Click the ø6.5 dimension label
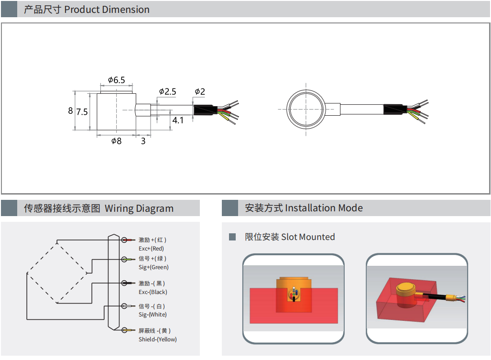[116, 80]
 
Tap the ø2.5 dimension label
[167, 91]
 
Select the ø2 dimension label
[200, 91]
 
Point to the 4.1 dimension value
[178, 120]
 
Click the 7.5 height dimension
[82, 112]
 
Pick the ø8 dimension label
[116, 141]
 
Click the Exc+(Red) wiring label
[151, 249]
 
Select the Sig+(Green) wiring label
[153, 267]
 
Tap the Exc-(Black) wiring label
[153, 292]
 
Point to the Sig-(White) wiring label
[153, 315]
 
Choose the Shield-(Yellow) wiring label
[157, 339]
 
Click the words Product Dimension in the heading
[107, 10]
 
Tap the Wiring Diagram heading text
[139, 208]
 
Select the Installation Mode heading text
[324, 208]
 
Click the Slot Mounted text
[308, 237]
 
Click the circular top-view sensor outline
[306, 109]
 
